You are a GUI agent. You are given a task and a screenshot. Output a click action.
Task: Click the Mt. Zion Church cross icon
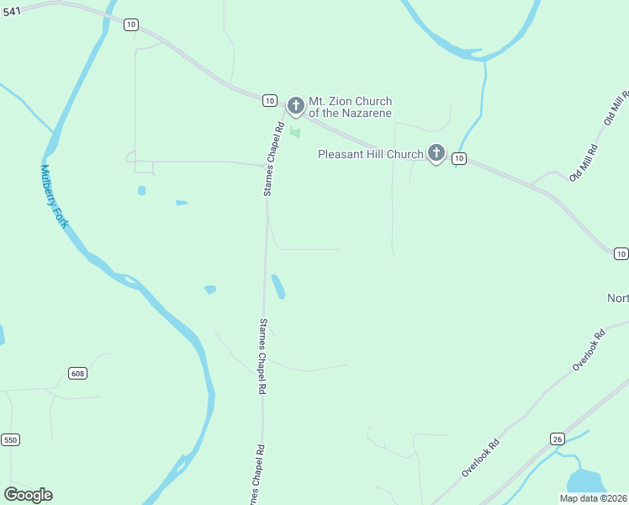coord(295,106)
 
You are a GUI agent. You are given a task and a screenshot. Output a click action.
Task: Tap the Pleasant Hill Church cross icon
coord(436,153)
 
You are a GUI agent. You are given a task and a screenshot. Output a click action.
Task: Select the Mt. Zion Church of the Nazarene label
coord(351,107)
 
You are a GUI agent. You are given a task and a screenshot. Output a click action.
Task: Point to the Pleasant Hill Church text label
coord(370,154)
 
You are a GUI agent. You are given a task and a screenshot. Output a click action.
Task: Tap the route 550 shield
coord(10,439)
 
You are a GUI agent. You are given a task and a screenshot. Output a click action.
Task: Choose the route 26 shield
coord(557,439)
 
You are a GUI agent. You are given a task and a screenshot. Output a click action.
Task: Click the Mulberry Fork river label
coord(53,195)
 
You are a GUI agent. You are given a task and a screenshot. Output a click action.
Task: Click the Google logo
coord(28,495)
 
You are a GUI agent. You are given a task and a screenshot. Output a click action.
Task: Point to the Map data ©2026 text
coord(594,498)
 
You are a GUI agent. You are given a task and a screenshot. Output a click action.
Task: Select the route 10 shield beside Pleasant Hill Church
coord(458,158)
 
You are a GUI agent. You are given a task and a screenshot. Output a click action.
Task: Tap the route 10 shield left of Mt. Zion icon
coord(269,100)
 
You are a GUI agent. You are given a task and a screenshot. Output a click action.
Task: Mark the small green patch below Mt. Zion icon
coord(295,131)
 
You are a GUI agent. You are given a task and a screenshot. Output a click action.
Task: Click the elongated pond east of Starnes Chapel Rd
coord(277,286)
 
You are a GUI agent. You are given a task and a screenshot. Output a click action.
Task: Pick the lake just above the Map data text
coord(586,482)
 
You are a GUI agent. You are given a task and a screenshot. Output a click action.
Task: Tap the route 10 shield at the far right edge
coord(621,253)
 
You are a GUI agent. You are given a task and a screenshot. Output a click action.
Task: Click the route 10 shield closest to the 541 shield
coord(130,24)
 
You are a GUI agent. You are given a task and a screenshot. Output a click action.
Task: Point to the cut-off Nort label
coord(618,299)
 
